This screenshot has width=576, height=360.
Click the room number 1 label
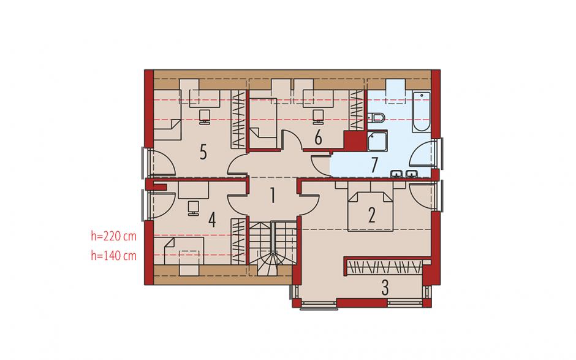(x=272, y=196)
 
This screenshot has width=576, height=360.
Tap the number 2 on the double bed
(x=371, y=215)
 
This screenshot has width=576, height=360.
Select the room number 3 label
(x=385, y=288)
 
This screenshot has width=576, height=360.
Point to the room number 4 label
(x=211, y=220)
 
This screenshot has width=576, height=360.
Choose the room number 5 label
(x=203, y=151)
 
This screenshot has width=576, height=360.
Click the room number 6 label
(x=318, y=138)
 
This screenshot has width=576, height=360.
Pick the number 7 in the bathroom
(x=374, y=165)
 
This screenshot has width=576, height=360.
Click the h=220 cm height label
(x=113, y=236)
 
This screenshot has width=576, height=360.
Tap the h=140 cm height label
(x=113, y=255)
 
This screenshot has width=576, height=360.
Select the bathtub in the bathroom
(x=421, y=112)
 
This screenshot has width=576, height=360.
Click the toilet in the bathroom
(x=376, y=118)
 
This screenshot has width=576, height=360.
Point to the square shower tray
(x=377, y=142)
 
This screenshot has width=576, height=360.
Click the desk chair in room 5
(x=205, y=116)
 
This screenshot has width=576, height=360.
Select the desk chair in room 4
(x=193, y=208)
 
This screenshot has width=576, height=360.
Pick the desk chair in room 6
(x=318, y=116)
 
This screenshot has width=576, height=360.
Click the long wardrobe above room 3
(x=384, y=267)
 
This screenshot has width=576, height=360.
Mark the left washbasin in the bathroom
(x=396, y=174)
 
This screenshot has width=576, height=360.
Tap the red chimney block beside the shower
(x=355, y=140)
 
